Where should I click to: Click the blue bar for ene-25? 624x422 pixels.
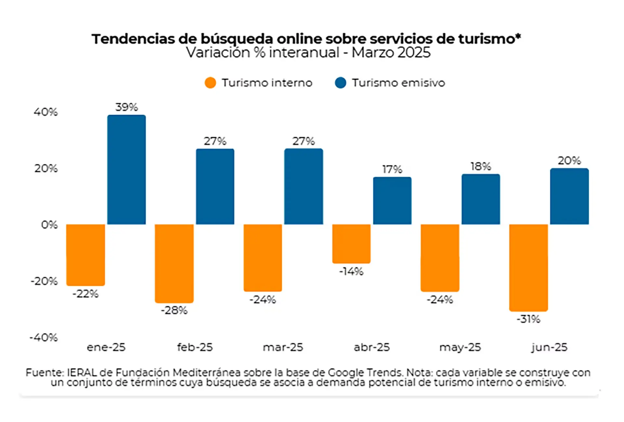click(x=126, y=169)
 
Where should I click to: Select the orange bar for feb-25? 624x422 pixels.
click(x=174, y=263)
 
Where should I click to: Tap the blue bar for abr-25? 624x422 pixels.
click(x=392, y=201)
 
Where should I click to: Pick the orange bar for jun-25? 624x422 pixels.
click(x=528, y=268)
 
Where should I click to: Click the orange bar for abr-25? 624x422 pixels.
click(x=351, y=244)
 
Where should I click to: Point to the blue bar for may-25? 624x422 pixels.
click(x=481, y=199)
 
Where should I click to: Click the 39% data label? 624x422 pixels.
click(x=126, y=107)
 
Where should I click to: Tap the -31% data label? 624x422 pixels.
click(x=528, y=319)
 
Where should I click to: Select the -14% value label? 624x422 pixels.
click(x=351, y=271)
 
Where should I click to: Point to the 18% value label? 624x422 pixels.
click(x=481, y=166)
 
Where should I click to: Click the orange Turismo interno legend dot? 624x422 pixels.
click(x=210, y=83)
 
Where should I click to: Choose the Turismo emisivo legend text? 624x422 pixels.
click(x=398, y=83)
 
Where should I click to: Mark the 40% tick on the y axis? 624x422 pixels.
click(x=46, y=112)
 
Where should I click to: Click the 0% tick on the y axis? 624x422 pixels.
click(x=49, y=225)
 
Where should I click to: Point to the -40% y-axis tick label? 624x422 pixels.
click(x=44, y=337)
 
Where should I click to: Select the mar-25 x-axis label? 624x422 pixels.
click(x=283, y=348)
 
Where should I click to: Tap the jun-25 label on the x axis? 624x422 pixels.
click(x=549, y=348)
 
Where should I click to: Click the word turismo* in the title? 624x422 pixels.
click(x=489, y=39)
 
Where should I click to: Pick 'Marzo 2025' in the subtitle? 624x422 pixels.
click(x=391, y=53)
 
